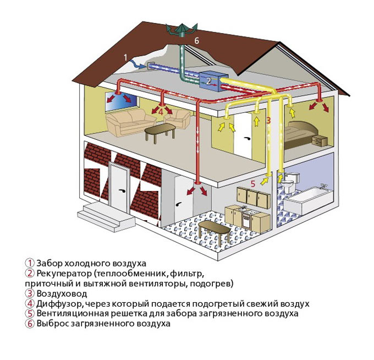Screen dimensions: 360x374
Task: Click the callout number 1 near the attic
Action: pos(126,57)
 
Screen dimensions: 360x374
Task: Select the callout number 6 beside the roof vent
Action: pos(196,41)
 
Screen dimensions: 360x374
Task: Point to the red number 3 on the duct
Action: pos(268,119)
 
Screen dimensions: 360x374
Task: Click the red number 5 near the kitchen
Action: pos(253,184)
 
